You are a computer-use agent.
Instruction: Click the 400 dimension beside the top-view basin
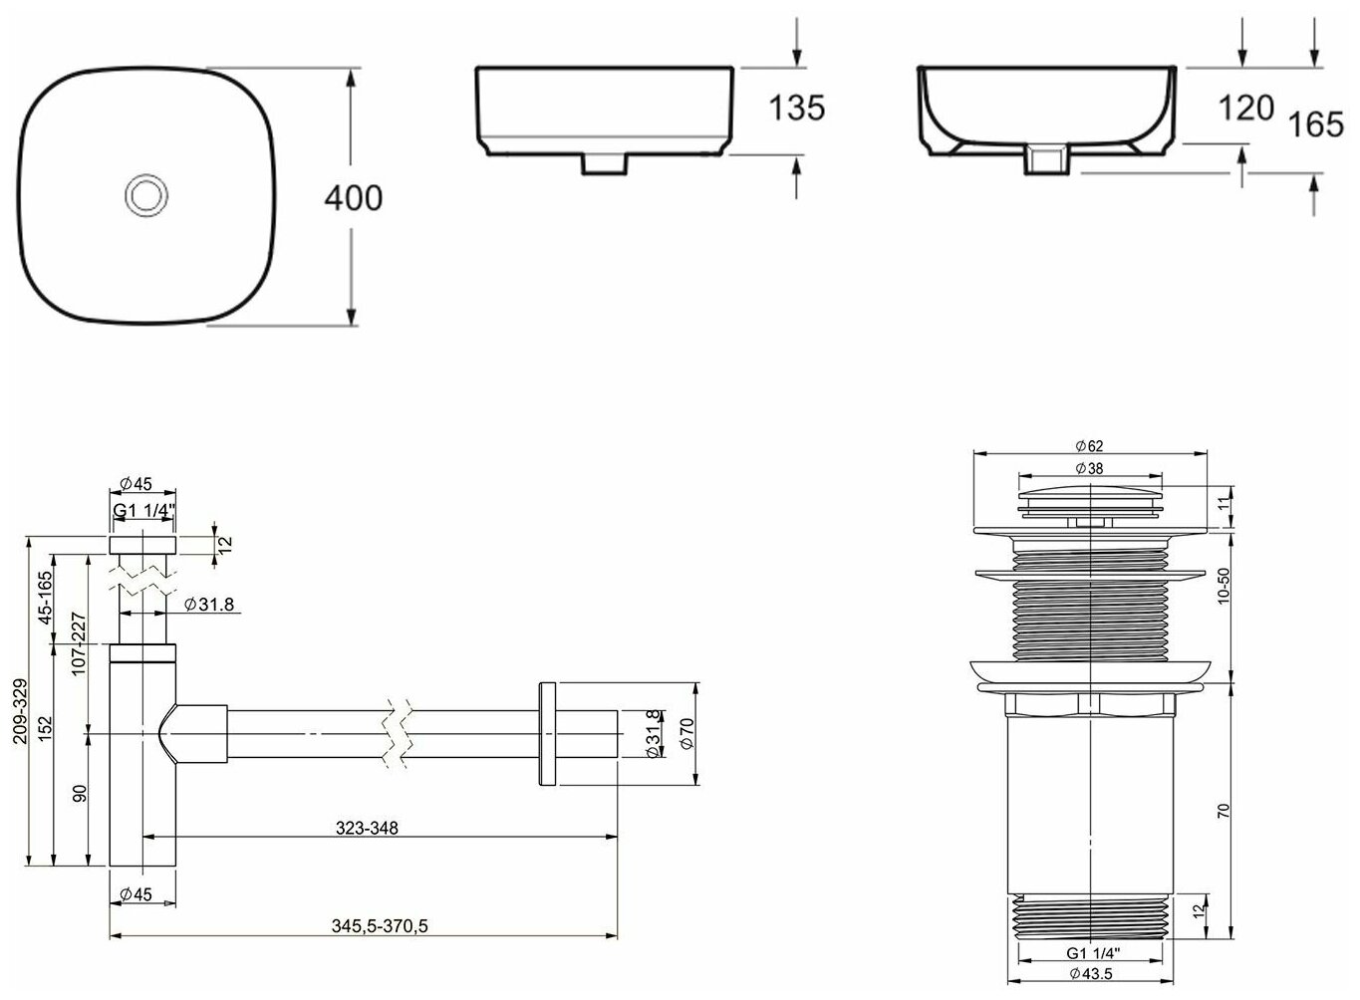pyautogui.click(x=354, y=198)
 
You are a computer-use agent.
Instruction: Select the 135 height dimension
pyautogui.click(x=797, y=108)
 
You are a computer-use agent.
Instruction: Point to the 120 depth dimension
pyautogui.click(x=1245, y=109)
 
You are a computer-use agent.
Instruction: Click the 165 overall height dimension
pyautogui.click(x=1316, y=125)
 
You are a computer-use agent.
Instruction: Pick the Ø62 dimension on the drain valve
pyautogui.click(x=1089, y=446)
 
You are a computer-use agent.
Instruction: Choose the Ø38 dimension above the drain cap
pyautogui.click(x=1089, y=468)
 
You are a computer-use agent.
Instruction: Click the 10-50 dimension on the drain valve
pyautogui.click(x=1224, y=586)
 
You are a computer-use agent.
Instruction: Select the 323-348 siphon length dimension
pyautogui.click(x=368, y=828)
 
